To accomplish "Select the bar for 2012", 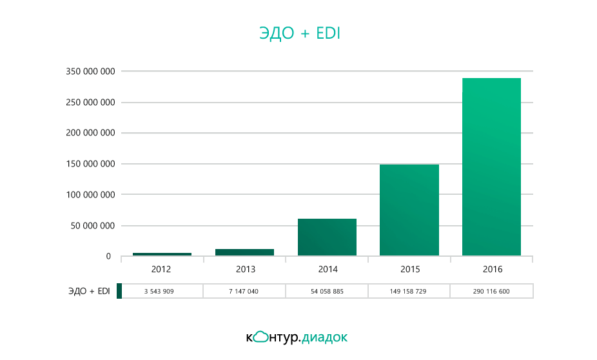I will (x=162, y=254).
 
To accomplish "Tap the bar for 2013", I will (x=244, y=252).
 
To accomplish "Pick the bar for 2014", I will (x=327, y=237).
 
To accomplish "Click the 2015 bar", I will (x=409, y=210).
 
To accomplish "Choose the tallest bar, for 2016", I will (x=491, y=167).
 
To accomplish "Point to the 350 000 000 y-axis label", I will (x=90, y=72).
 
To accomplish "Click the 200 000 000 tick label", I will (x=90, y=133).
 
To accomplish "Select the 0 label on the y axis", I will (x=108, y=257).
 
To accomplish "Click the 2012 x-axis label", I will (x=162, y=269).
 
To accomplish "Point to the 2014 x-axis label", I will (x=327, y=269).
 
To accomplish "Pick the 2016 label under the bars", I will (x=491, y=269).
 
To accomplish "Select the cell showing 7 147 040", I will (x=244, y=292).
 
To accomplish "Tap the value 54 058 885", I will (x=327, y=292).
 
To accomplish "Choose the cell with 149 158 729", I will (x=409, y=292).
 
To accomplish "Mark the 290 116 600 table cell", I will (x=491, y=292).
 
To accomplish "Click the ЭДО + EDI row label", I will (x=90, y=292).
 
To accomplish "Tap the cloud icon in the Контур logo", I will (x=260, y=336).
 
